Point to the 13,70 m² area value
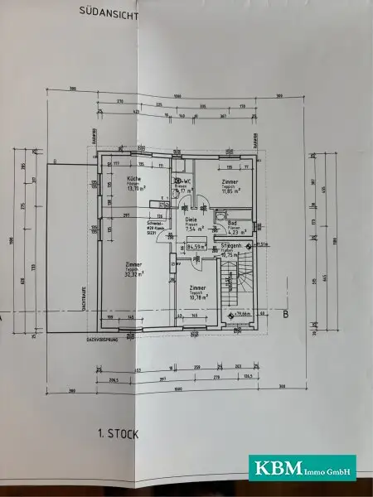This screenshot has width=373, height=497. coord(135,189)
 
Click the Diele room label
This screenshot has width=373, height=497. coord(191,219)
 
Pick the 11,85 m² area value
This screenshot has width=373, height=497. coord(230,191)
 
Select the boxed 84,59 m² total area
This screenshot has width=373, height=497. coord(196,246)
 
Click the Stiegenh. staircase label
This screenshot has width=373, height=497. coord(230,246)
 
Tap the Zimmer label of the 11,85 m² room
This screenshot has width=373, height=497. coord(230,181)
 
